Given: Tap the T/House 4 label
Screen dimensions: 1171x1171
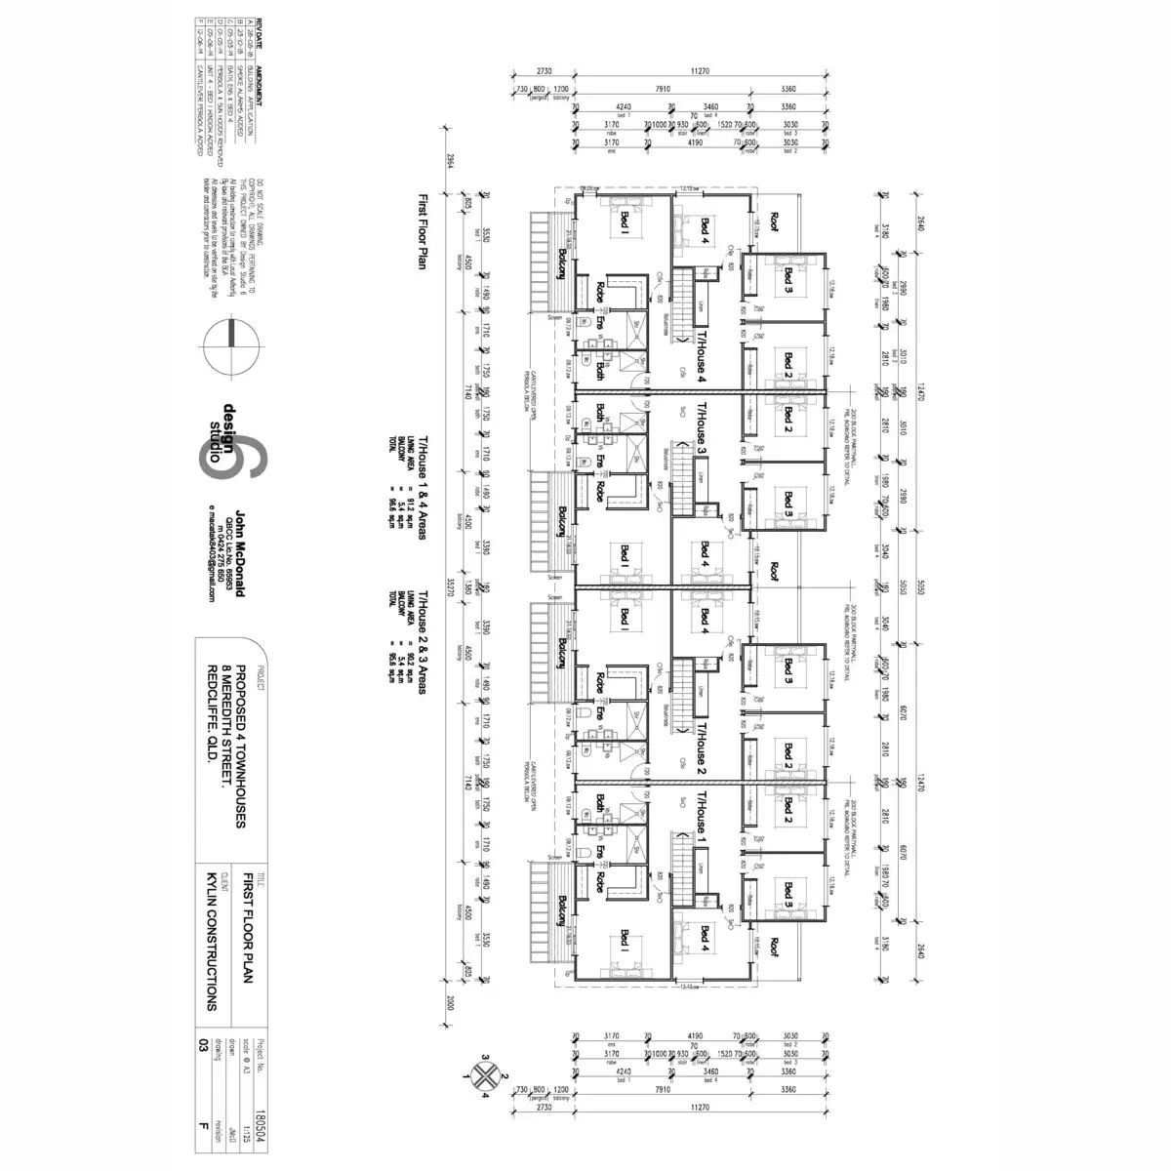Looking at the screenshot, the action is tap(700, 352).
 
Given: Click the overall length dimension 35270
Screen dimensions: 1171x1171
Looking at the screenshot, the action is tap(451, 585).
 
